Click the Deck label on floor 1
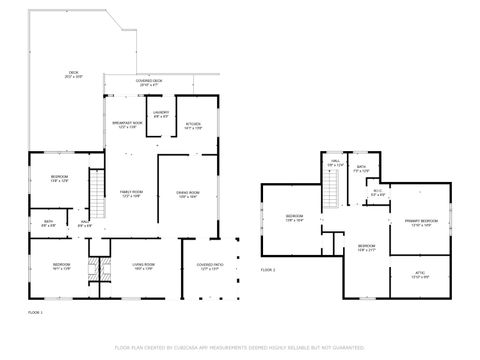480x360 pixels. point(74,75)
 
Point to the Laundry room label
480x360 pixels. point(161,114)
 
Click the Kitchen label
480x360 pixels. point(194,126)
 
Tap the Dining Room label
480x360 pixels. point(189,193)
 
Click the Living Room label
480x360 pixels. point(143,266)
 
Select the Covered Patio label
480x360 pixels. point(209,266)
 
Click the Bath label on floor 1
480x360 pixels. point(48,223)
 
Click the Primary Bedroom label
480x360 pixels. point(421,223)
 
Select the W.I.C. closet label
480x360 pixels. point(378,193)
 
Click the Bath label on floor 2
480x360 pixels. point(360,168)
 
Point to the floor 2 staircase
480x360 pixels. point(329,186)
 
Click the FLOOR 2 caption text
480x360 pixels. point(267,270)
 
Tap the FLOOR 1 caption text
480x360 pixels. point(35,313)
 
